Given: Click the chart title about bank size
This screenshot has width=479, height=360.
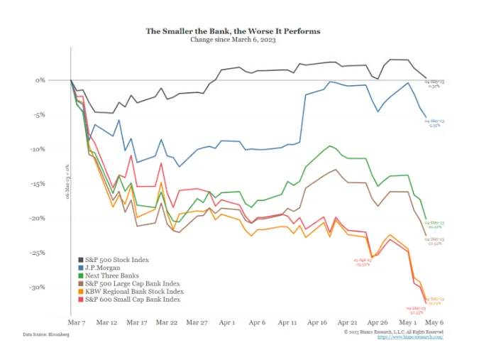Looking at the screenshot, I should pos(233,31).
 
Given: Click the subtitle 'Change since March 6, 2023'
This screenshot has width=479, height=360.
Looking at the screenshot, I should pos(233,40).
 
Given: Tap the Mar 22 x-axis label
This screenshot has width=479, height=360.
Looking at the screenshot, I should pos(167,322).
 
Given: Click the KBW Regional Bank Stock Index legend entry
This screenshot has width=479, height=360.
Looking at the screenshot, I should pos(133,291).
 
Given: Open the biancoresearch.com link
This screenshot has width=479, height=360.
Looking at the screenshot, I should pos(412,337).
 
